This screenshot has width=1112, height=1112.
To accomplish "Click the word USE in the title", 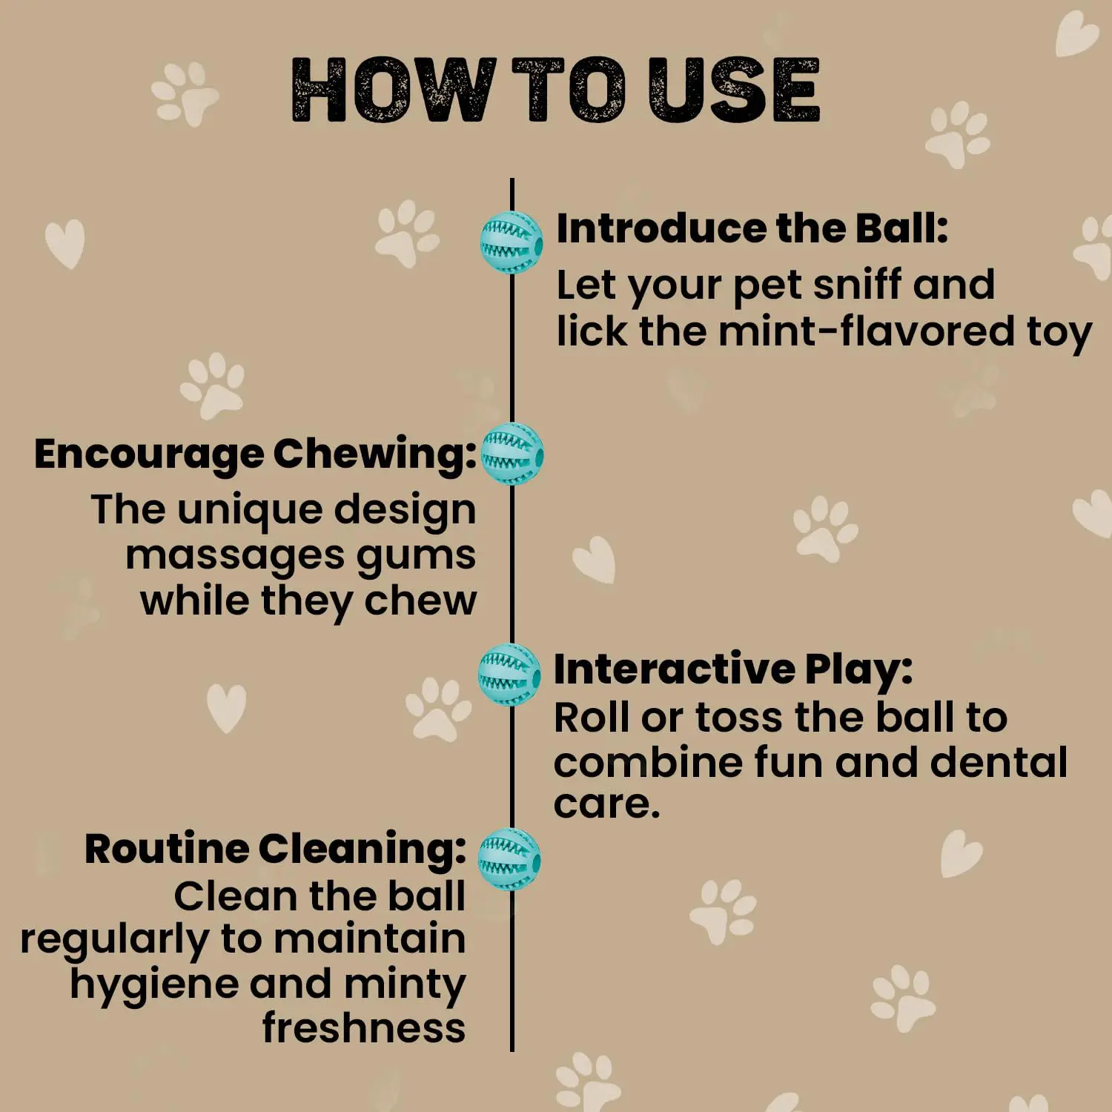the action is (x=733, y=90).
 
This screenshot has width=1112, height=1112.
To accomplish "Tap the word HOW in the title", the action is (x=393, y=90).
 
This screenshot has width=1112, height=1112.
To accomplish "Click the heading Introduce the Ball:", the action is (x=752, y=228).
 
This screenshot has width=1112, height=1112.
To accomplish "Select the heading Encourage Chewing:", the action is (x=256, y=454).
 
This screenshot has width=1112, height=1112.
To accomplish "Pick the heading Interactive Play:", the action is (x=733, y=670).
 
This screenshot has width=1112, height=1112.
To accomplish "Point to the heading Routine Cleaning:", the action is (x=276, y=849).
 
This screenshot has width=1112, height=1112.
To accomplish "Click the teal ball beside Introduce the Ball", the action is (x=512, y=242).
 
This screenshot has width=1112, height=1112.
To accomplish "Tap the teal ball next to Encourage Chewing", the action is (x=512, y=454).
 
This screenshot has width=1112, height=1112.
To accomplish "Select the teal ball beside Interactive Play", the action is (x=509, y=675).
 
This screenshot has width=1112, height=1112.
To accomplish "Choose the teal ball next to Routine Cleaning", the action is (x=509, y=860).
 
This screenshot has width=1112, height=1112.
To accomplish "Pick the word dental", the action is (x=999, y=762).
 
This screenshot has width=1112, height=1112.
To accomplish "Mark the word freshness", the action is (x=364, y=1028).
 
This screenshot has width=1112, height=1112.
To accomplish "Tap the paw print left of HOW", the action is (x=184, y=93).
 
